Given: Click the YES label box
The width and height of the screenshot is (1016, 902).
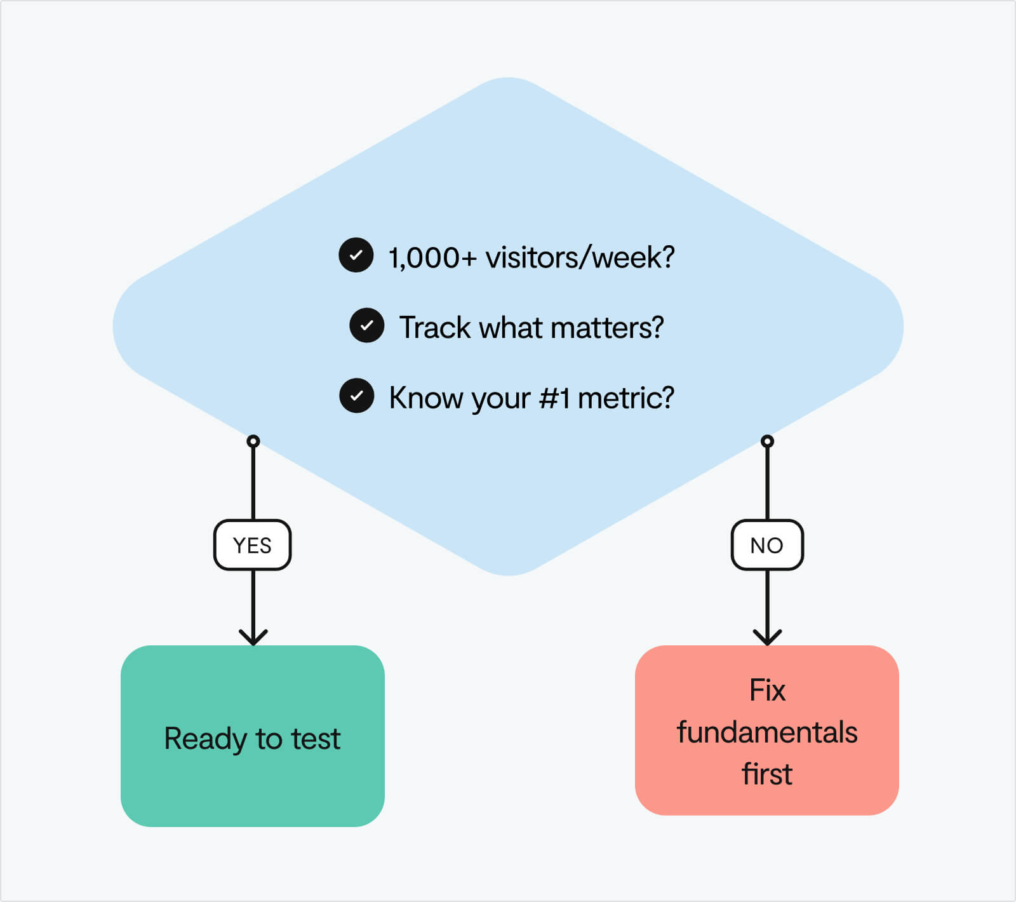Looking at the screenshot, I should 252,545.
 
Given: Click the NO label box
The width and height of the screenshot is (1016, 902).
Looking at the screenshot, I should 767,545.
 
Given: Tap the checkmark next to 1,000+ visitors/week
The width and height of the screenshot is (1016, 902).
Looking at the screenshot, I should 356,255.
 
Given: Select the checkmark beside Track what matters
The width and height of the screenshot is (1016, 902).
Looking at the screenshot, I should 367,326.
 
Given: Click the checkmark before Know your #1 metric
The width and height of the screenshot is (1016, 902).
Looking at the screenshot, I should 357,396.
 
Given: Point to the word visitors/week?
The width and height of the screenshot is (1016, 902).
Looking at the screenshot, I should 580,257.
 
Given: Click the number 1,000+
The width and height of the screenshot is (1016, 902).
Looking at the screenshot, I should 432,258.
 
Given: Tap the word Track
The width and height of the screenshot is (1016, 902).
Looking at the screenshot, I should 435,328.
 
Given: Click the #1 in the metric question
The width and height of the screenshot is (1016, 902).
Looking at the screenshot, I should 554,398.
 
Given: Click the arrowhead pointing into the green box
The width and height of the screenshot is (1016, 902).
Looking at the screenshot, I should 253,636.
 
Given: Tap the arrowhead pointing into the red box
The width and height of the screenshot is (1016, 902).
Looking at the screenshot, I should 767,636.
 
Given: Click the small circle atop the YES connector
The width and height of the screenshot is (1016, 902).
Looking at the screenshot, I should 253,441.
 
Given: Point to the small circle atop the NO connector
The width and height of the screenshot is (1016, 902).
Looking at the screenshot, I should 767,441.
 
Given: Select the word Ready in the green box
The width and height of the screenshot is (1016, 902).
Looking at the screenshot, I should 205,739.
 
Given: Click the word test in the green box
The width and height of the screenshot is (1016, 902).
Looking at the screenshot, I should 316,739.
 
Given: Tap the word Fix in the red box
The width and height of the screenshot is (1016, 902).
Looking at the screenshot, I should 767,690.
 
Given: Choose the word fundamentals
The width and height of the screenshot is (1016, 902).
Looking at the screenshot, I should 767,732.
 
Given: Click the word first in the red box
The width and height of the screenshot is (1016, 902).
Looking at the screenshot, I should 767,774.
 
